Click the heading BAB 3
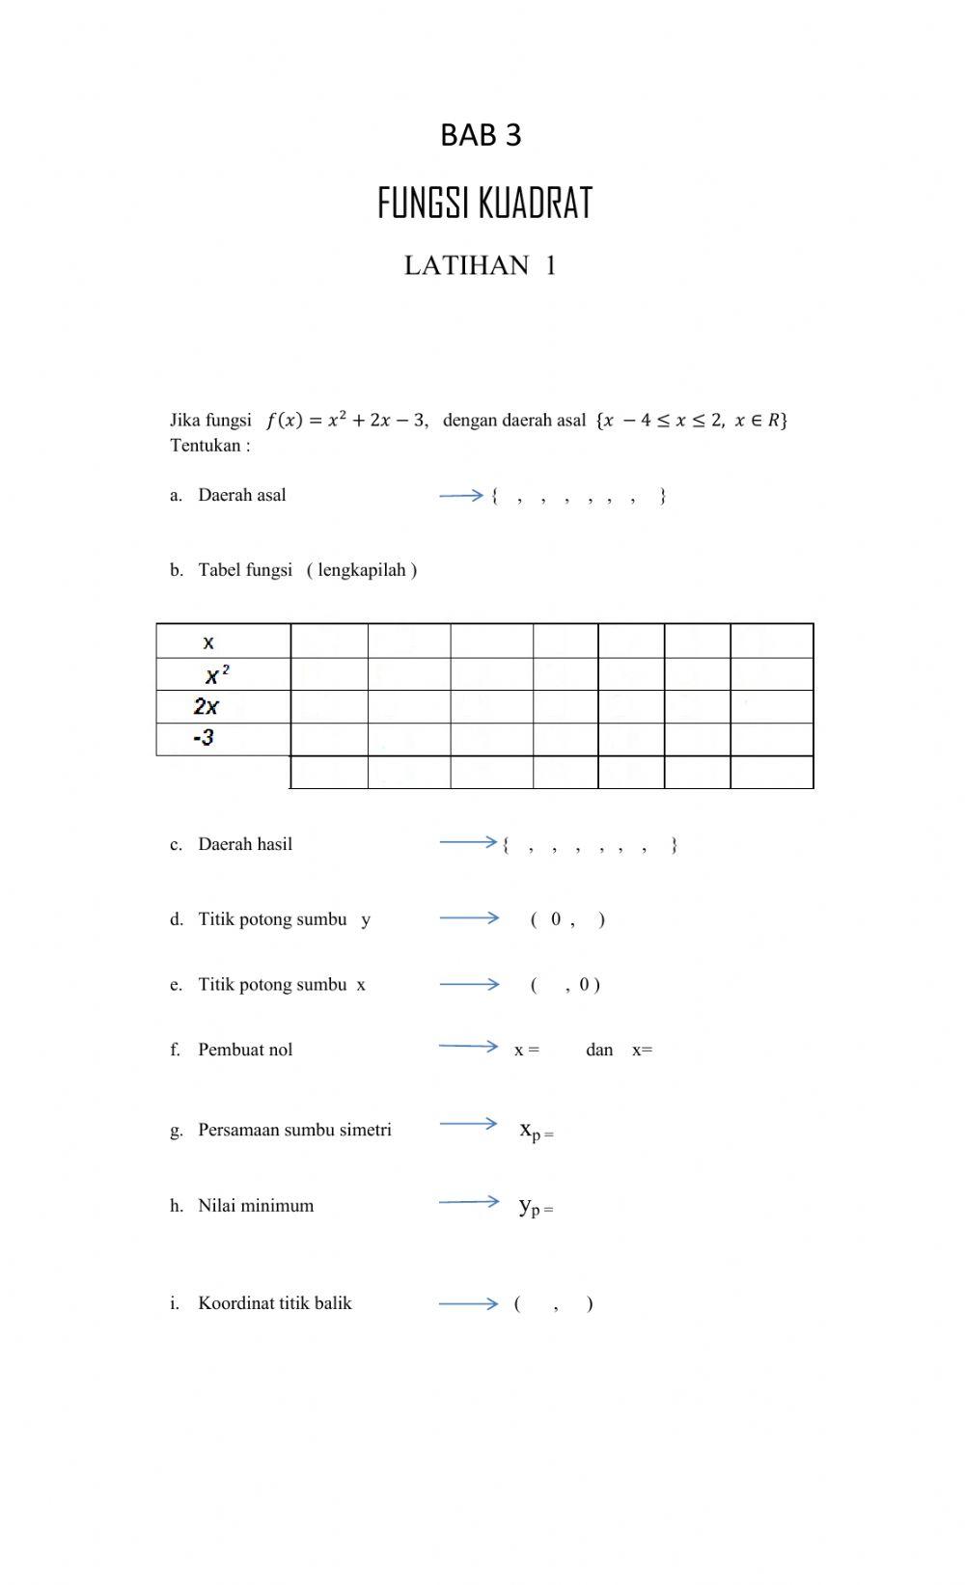481,135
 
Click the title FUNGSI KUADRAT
484,204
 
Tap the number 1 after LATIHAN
551,265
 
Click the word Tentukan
205,446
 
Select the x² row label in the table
217,674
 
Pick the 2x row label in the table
207,706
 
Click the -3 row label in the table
204,738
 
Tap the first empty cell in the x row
329,642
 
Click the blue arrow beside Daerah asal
460,495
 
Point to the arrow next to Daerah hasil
467,842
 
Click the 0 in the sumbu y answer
556,919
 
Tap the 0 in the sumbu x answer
585,985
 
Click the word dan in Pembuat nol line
599,1050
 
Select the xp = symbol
536,1131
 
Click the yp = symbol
536,1206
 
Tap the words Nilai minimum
256,1206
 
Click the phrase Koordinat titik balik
275,1303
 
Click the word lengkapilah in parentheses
362,570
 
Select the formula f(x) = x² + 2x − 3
345,421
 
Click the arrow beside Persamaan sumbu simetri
467,1123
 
